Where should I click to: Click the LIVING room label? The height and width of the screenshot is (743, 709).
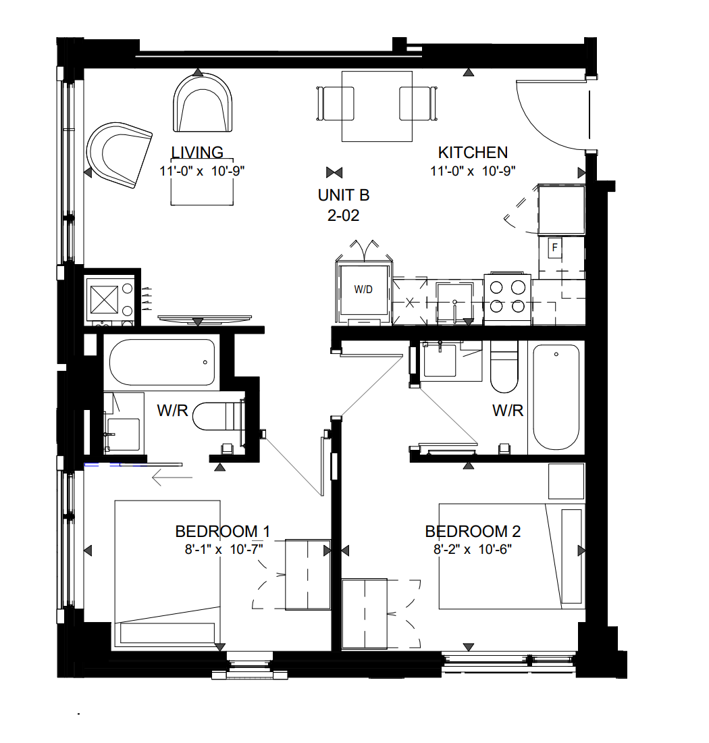coord(197,153)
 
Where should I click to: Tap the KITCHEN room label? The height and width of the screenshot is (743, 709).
coord(473,153)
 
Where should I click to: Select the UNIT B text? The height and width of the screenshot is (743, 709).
coord(344,195)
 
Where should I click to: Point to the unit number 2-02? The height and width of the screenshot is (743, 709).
coord(344,215)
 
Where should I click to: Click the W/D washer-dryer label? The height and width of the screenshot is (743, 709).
coord(363,290)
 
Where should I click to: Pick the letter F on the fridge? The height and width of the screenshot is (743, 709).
coord(554,247)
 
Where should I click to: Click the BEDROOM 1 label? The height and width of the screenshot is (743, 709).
coord(223,532)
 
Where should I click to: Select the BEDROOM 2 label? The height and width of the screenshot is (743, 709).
coord(473,532)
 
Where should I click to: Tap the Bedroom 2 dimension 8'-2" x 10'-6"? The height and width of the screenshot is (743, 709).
coord(473,550)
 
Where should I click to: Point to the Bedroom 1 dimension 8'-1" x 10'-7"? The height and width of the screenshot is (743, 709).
coord(224,550)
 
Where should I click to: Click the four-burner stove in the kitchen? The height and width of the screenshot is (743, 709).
coord(507,298)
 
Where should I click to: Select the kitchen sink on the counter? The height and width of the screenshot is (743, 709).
coord(454,302)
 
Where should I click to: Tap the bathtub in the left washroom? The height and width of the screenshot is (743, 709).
coord(162,363)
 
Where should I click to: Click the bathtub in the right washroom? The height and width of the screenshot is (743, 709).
coord(556,397)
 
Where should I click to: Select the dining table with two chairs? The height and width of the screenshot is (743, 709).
coord(377,106)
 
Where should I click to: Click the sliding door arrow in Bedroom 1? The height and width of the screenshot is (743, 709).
coord(172,478)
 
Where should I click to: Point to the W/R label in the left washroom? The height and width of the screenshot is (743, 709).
coord(172,411)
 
